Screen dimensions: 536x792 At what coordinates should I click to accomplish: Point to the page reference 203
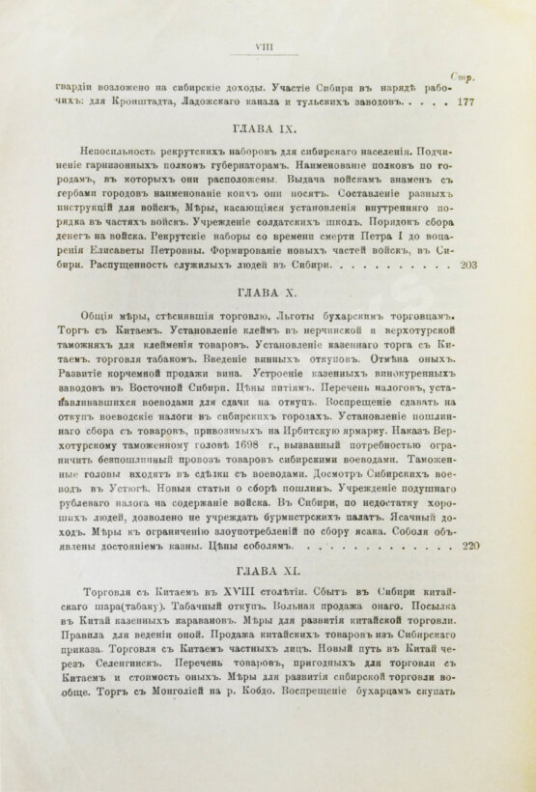point(465,264)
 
